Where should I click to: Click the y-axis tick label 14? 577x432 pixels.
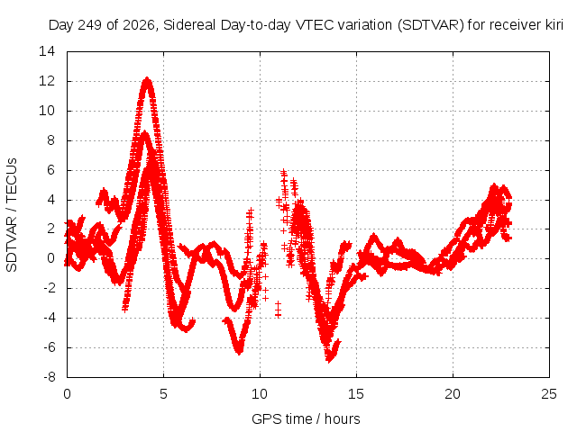pos(47,51)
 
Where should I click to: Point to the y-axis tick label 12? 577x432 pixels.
pos(47,81)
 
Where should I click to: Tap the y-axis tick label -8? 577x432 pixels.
pos(49,377)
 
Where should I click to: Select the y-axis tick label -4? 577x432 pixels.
pos(49,318)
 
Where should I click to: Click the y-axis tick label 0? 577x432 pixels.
pos(51,258)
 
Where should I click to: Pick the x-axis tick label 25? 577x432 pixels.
pos(549,394)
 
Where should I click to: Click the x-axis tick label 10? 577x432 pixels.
pos(260,394)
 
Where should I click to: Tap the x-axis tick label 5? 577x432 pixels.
pos(163,394)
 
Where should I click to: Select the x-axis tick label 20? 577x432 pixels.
pos(453,394)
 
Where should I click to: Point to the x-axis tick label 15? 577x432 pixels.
pos(356,394)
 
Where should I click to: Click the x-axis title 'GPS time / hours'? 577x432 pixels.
pos(306,419)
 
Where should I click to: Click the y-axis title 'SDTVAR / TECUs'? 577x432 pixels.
pos(12,215)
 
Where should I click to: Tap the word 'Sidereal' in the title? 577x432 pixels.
pos(189,25)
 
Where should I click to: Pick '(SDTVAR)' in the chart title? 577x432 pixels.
pos(431,25)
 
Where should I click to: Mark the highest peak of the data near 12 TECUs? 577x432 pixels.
pos(148,78)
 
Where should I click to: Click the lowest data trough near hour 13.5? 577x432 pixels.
pos(328,360)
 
